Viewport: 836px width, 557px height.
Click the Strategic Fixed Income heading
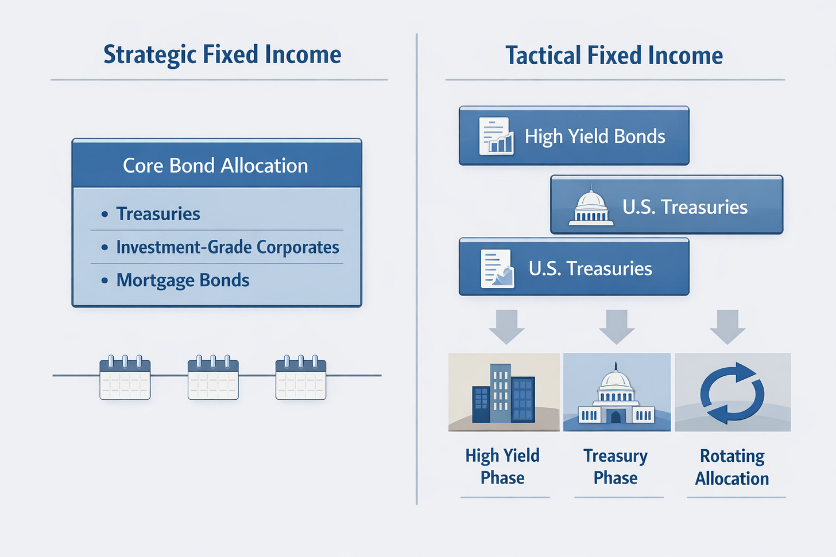click(x=222, y=55)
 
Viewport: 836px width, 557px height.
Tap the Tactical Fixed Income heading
click(x=614, y=56)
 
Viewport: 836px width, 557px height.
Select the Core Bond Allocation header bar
click(x=216, y=165)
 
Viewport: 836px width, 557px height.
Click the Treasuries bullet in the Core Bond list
click(x=158, y=214)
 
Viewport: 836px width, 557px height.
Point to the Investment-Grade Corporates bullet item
click(x=227, y=247)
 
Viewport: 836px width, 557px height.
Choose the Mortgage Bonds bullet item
click(x=183, y=281)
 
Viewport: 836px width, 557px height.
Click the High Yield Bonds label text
click(x=595, y=137)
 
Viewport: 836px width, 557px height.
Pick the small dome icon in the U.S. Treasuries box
click(x=591, y=207)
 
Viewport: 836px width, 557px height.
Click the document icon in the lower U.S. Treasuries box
click(x=497, y=268)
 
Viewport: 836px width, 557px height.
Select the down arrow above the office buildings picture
click(x=506, y=326)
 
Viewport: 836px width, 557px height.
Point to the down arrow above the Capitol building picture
click(x=617, y=326)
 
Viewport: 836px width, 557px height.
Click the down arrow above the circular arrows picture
click(x=727, y=326)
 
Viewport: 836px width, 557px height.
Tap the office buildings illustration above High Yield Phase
click(x=504, y=392)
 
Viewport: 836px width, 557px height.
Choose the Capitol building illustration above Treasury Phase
click(x=617, y=392)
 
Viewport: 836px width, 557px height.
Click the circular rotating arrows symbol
click(x=732, y=393)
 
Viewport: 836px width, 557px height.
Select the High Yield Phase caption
click(x=502, y=466)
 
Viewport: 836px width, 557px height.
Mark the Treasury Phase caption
click(x=616, y=466)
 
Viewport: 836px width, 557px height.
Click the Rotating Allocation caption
click(x=732, y=467)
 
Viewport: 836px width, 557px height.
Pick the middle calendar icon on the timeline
click(x=213, y=378)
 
